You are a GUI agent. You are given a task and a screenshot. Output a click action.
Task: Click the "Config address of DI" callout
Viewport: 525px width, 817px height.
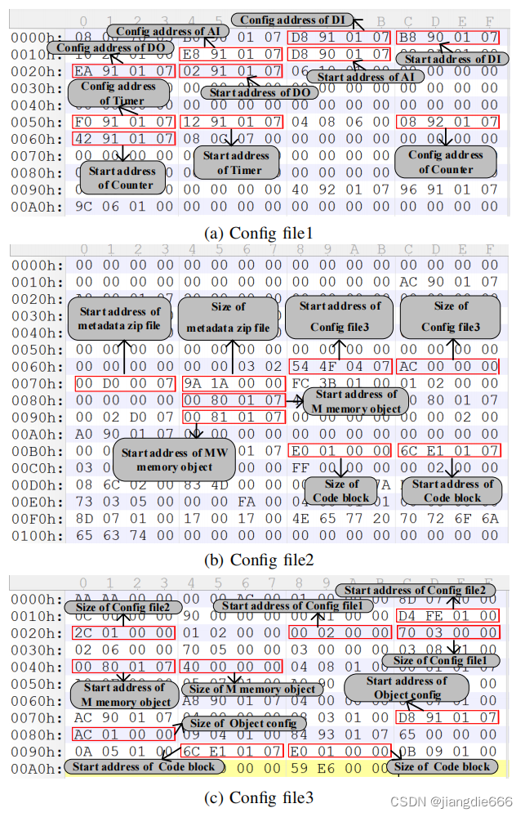click(x=291, y=20)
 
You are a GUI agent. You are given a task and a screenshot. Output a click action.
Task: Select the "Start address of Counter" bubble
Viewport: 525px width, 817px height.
click(x=122, y=177)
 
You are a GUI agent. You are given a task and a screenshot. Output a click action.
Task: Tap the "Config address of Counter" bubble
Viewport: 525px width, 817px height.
click(x=446, y=162)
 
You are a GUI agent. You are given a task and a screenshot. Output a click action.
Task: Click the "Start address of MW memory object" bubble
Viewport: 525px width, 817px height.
click(x=174, y=460)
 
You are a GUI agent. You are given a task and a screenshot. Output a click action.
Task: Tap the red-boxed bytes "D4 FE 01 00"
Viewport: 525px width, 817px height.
click(x=447, y=615)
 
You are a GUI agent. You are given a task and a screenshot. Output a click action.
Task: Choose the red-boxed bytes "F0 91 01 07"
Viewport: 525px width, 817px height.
click(x=123, y=122)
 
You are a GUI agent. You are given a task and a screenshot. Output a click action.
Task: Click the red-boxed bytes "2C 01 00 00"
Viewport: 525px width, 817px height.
click(x=123, y=633)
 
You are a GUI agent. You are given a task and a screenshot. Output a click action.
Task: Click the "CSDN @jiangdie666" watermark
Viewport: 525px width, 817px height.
click(x=464, y=803)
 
